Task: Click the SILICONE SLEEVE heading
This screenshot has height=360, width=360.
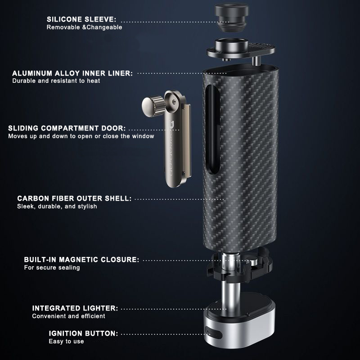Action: [81, 19]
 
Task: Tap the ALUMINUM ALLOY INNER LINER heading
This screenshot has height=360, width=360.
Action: [72, 73]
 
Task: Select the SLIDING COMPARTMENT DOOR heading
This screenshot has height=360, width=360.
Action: [67, 128]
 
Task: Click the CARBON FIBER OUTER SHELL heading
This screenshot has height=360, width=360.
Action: [74, 198]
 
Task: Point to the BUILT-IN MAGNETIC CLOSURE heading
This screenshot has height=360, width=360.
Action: [81, 260]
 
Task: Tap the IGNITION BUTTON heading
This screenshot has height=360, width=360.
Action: [84, 333]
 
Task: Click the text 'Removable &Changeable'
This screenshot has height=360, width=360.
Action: [85, 27]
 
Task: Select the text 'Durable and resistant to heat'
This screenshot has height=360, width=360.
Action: [56, 81]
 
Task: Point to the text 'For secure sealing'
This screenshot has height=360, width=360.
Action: [52, 268]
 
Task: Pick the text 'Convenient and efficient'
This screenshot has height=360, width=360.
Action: [68, 316]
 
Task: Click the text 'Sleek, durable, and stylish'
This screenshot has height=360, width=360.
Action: [57, 207]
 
